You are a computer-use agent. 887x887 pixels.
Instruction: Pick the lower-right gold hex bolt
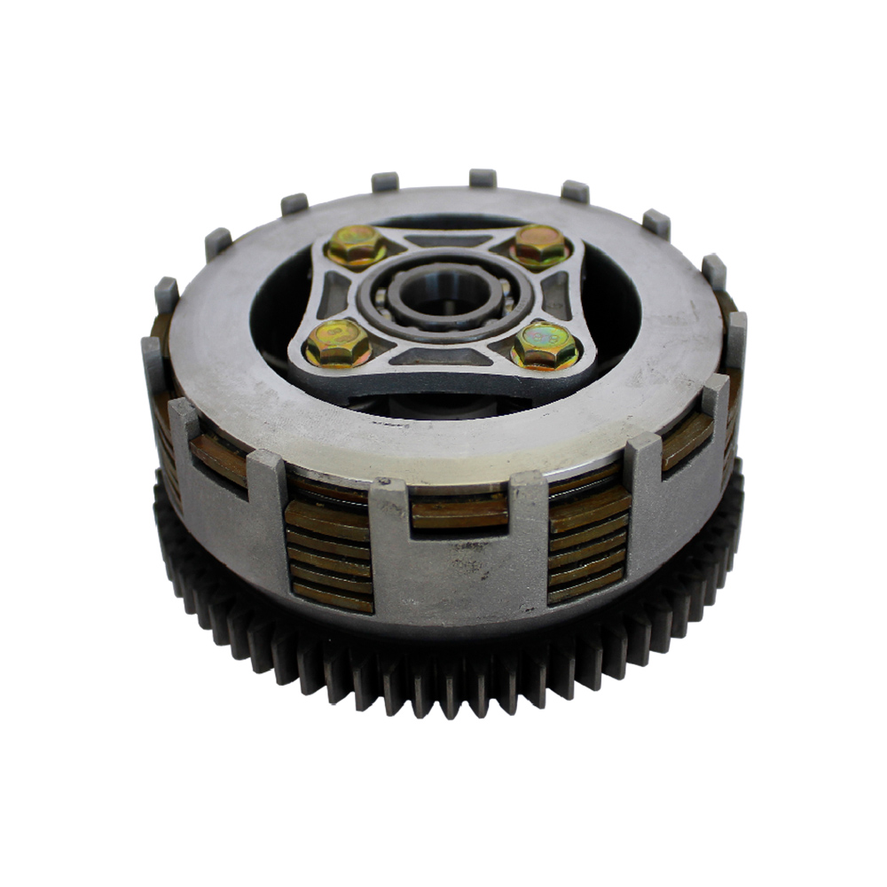[x=546, y=344]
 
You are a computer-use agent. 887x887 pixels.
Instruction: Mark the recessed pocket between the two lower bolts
[x=441, y=357]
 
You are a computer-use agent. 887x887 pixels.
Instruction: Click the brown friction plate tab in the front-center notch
[x=459, y=513]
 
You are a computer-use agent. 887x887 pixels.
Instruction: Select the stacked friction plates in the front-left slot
[x=329, y=554]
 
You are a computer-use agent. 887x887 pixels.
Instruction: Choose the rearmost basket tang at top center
[x=482, y=177]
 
